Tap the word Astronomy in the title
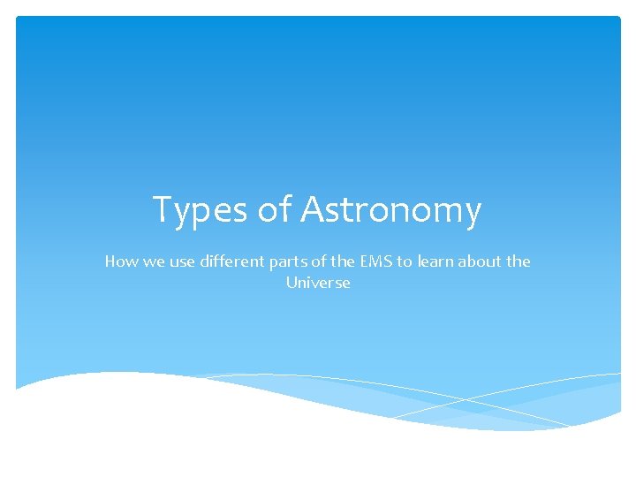pos(391,210)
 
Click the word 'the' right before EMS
pos(338,261)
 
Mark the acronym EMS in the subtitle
pos(372,261)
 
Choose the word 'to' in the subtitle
pos(403,261)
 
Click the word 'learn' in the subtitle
pos(433,261)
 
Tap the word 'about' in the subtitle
pos(478,261)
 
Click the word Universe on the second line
pos(318,283)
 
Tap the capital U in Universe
pos(291,283)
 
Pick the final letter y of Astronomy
pos(473,214)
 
